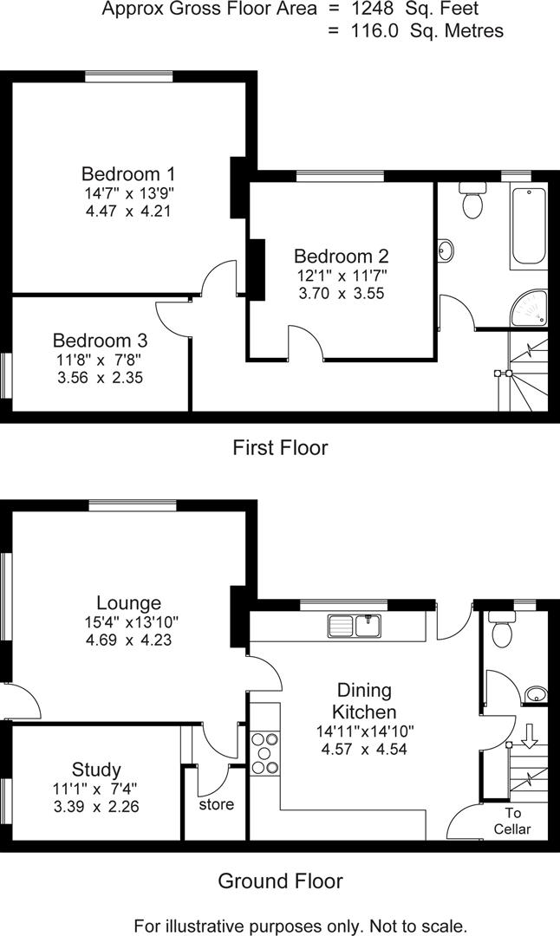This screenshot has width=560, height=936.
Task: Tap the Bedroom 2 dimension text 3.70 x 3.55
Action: pyautogui.click(x=341, y=293)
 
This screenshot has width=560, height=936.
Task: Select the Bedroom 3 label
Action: pyautogui.click(x=100, y=340)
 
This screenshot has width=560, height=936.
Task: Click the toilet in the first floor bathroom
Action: pyautogui.click(x=472, y=203)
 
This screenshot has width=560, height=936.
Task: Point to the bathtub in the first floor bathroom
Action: pyautogui.click(x=528, y=225)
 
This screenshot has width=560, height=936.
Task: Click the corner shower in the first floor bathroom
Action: pyautogui.click(x=529, y=309)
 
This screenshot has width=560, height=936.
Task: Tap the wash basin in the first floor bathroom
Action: pyautogui.click(x=445, y=250)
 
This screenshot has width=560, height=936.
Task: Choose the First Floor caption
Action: pyautogui.click(x=280, y=448)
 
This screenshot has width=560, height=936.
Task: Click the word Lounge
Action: pyautogui.click(x=128, y=602)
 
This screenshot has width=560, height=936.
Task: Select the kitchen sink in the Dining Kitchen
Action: pyautogui.click(x=355, y=624)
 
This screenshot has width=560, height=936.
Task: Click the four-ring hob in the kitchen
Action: pyautogui.click(x=264, y=753)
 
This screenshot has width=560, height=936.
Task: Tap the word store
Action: pyautogui.click(x=216, y=804)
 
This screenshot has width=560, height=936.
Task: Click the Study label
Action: pyautogui.click(x=96, y=769)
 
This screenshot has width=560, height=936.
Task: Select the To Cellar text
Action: pyautogui.click(x=511, y=822)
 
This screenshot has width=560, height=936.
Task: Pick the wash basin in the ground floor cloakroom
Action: pyautogui.click(x=537, y=693)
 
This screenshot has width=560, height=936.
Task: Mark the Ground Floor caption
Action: pyautogui.click(x=280, y=881)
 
